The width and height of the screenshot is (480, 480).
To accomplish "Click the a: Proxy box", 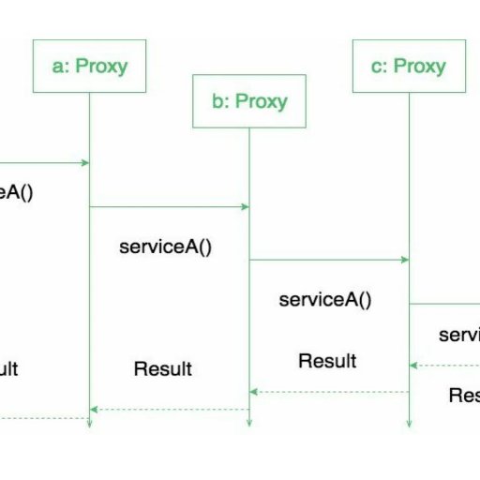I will point(89,66).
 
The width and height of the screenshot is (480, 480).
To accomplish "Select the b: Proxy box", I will point(248,101).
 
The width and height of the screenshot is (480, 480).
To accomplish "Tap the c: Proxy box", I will point(408,66).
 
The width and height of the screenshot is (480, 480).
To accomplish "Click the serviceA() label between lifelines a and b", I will point(166,247).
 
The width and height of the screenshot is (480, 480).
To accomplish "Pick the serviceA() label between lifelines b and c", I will point(325,300).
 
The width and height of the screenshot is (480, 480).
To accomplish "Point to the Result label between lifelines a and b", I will point(162,368).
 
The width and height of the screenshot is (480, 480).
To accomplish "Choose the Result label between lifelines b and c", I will point(327,361).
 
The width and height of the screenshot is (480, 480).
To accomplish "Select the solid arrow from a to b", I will point(169,206).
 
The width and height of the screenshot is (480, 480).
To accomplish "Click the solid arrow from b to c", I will point(328,260).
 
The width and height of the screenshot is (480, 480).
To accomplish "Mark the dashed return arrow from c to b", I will point(328,392).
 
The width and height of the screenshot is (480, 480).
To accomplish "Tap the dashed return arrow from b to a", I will point(169,409).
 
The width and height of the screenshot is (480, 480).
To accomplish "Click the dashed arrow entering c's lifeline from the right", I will point(445,366).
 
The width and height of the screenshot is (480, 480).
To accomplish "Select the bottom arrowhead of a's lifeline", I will point(89,423).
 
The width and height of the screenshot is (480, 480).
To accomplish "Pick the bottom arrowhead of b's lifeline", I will point(248,423).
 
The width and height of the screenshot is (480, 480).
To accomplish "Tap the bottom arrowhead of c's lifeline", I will point(409,423).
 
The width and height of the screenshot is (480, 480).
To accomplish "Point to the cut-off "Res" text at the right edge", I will point(464,396).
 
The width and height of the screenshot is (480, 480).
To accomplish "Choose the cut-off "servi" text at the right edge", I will point(459,335).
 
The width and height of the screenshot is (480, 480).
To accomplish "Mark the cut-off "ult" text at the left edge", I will point(8,368).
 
